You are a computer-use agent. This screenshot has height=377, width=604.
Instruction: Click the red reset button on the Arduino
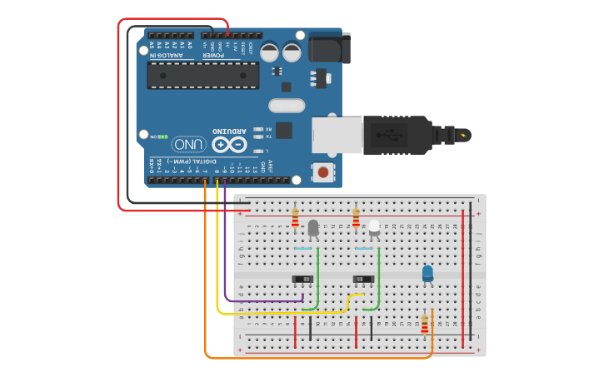pos(322,172)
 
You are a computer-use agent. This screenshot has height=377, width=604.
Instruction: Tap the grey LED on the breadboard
pos(313,227)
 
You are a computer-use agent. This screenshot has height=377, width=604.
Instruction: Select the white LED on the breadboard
pos(374,226)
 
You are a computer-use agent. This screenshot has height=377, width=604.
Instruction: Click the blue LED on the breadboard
pos(427,273)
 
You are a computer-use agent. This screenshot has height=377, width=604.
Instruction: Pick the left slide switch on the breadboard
pos(302,279)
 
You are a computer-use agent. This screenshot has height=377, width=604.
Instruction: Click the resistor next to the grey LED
pos(295,218)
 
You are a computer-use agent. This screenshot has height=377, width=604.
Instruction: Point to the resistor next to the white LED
pos(356,218)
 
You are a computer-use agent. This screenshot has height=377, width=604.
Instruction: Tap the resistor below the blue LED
pos(424,324)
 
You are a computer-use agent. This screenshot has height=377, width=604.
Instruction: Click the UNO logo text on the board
pos(190,144)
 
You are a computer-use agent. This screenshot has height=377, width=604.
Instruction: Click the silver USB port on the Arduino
pos(337,135)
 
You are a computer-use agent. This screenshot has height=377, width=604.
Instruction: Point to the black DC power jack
pos(327,47)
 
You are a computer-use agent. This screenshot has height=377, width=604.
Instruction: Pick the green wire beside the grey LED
pos(317,275)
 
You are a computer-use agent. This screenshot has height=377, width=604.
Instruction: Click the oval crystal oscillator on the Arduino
pos(287,106)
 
